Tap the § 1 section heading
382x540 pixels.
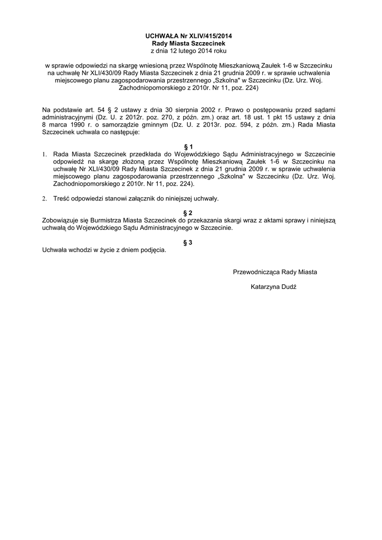coord(191,146)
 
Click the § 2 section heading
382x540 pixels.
coord(191,213)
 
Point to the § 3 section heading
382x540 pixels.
coord(191,242)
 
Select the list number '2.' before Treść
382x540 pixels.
coord(44,199)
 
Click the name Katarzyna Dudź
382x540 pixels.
coord(274,287)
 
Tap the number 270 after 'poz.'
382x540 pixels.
coord(161,117)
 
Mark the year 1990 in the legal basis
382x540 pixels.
coord(78,124)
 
